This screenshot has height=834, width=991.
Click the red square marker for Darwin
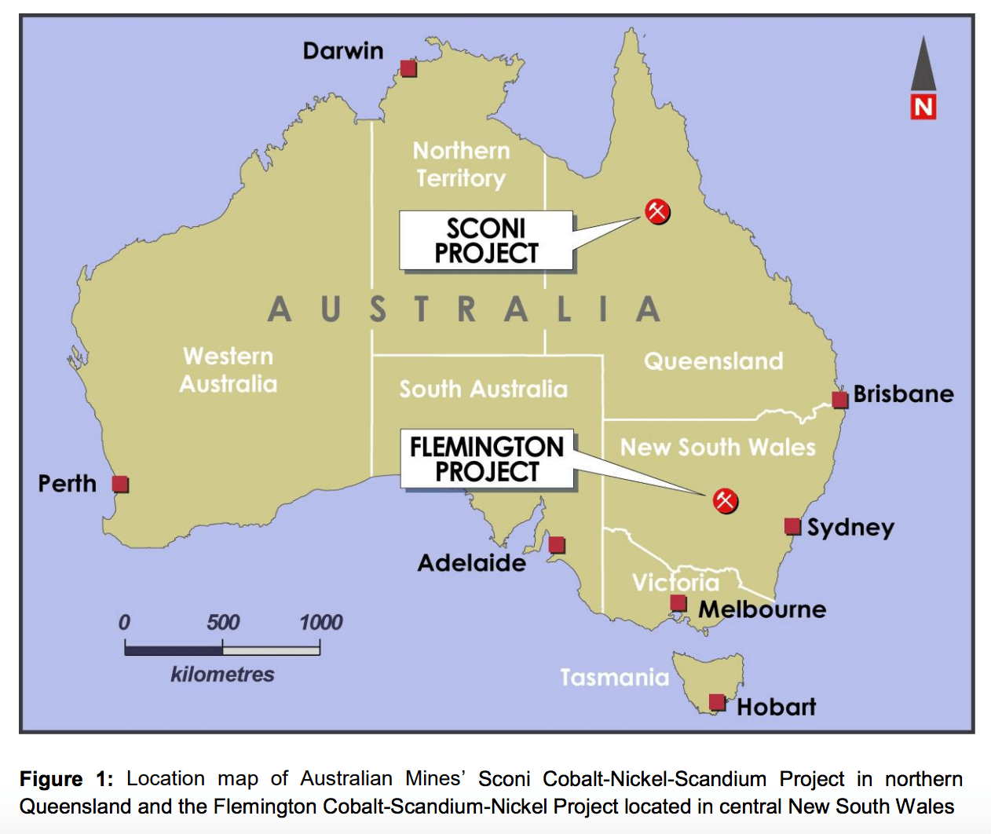click(408, 68)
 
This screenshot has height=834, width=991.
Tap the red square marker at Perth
click(120, 484)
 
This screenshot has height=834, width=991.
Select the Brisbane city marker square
click(840, 400)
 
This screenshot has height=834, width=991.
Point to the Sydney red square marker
click(793, 526)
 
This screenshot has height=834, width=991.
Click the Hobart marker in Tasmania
click(717, 701)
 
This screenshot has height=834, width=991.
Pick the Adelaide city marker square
click(557, 544)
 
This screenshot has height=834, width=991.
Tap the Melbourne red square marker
click(678, 603)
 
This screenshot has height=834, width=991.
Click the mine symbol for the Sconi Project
click(657, 210)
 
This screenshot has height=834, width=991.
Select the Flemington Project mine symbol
click(725, 500)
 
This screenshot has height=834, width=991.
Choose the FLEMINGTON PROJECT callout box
click(487, 459)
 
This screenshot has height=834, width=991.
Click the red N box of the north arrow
click(923, 107)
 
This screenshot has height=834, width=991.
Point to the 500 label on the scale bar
click(223, 623)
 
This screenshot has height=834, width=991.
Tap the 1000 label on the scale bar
click(320, 623)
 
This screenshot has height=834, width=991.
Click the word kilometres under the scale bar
click(222, 675)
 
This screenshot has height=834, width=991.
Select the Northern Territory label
click(462, 164)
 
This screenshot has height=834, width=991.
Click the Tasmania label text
click(614, 677)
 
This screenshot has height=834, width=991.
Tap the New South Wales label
click(718, 448)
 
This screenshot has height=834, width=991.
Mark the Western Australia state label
click(229, 370)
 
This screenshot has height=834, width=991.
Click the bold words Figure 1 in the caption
click(66, 779)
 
